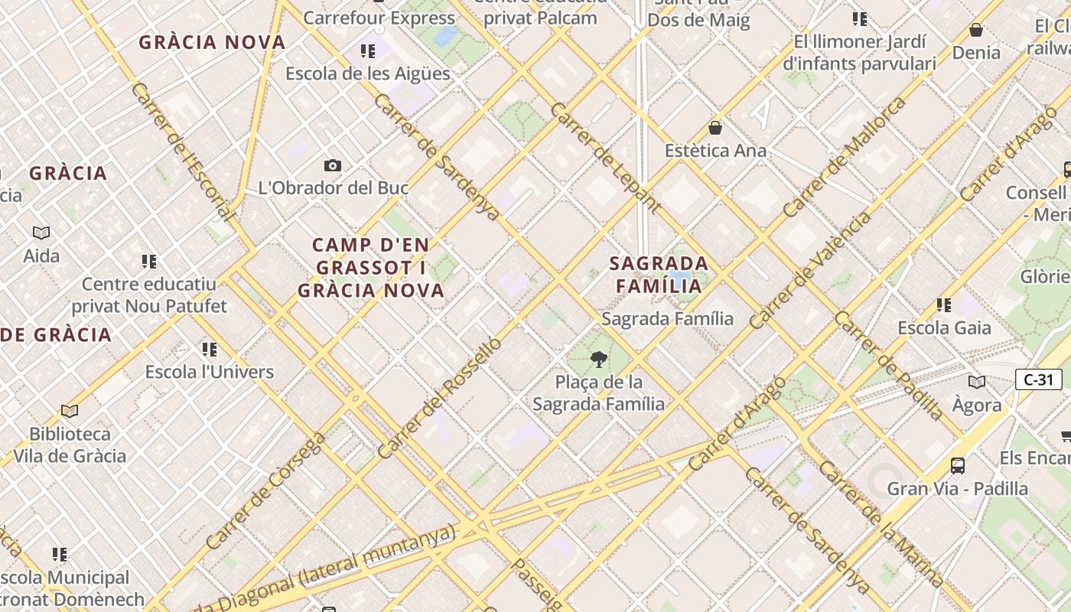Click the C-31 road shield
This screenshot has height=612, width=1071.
tap(1038, 379)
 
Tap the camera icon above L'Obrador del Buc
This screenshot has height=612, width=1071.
tap(333, 165)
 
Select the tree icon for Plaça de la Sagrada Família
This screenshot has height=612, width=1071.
tap(599, 359)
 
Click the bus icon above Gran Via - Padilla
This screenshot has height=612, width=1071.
tap(957, 465)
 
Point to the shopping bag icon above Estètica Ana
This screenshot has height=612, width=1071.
tap(715, 127)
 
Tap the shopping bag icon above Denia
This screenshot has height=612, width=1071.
tap(976, 30)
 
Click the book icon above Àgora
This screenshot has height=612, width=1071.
tap(977, 382)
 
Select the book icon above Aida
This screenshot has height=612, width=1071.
tap(41, 233)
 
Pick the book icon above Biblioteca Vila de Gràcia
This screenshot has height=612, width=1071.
tap(70, 412)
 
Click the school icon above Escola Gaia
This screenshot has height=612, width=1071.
tap(944, 305)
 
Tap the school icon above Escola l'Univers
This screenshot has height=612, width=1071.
tap(210, 350)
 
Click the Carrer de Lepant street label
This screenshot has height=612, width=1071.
tap(604, 157)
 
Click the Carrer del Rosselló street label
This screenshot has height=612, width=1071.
tap(439, 398)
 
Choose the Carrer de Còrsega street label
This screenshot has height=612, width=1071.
tap(265, 490)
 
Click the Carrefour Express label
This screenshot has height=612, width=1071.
tap(379, 18)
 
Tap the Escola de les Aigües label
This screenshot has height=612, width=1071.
tap(367, 73)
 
